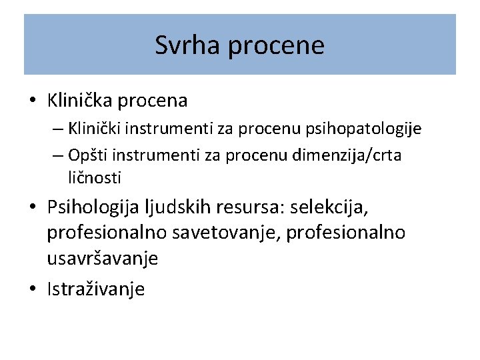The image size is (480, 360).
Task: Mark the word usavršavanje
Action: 102,259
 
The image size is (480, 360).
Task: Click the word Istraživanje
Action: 95,289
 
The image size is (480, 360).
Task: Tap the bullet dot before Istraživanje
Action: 33,290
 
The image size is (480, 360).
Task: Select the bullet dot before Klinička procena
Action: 33,101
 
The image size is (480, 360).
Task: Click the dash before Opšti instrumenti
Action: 56,155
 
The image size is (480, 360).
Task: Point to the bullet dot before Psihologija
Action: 33,209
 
